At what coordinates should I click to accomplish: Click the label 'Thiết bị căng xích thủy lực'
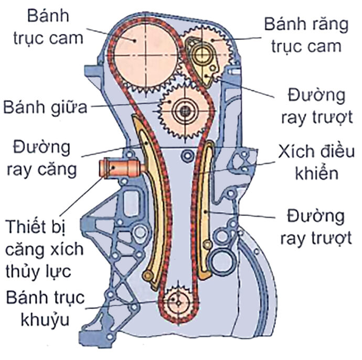pyautogui.click(x=45, y=249)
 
